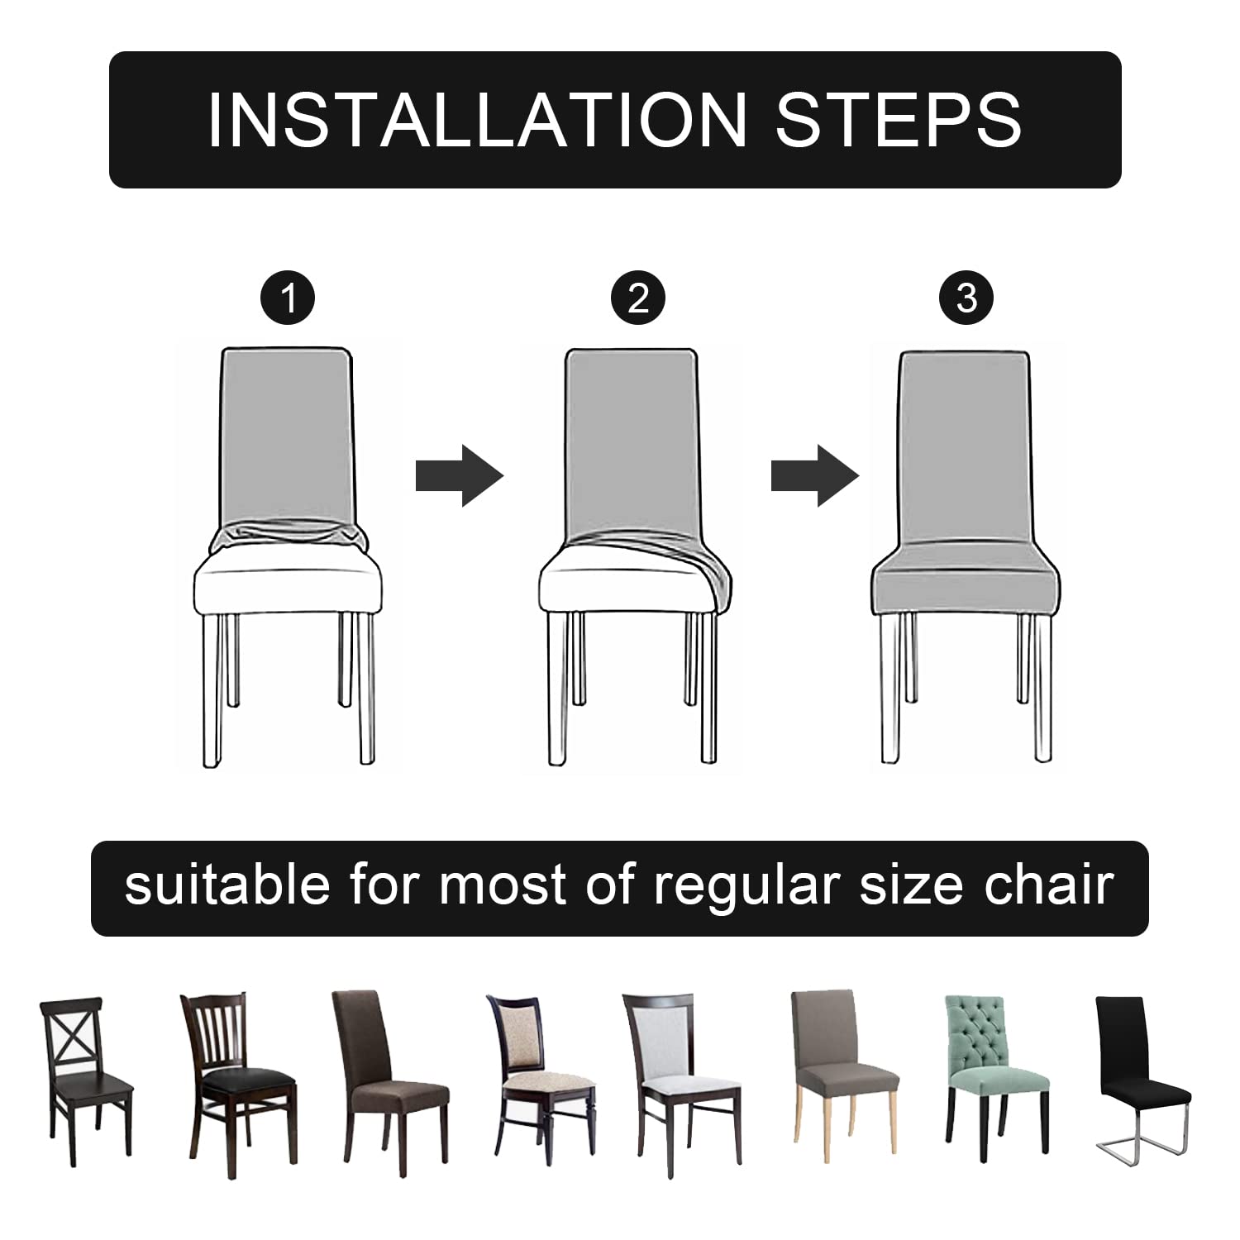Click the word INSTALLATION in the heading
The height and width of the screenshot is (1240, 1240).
pyautogui.click(x=477, y=121)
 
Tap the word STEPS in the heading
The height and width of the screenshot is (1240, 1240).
pyautogui.click(x=899, y=121)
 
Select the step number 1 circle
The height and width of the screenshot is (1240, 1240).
pyautogui.click(x=288, y=298)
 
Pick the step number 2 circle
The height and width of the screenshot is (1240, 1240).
pyautogui.click(x=638, y=298)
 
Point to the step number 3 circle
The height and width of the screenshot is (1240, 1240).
pyautogui.click(x=966, y=298)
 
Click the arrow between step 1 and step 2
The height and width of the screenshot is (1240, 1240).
pyautogui.click(x=459, y=475)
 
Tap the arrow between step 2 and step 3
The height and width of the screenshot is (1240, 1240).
pyautogui.click(x=815, y=475)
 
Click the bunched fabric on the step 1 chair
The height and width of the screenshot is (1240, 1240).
pyautogui.click(x=287, y=538)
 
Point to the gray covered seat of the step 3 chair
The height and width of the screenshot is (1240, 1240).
pyautogui.click(x=966, y=583)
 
